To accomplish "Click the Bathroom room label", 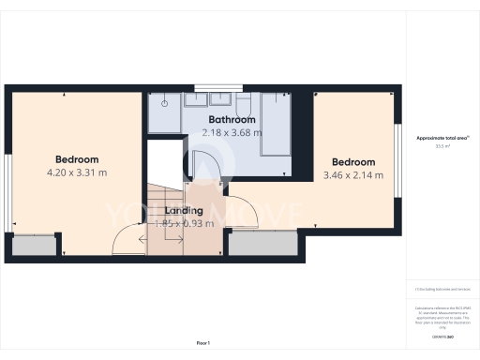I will click(232, 120).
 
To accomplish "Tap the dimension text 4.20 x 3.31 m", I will click(77, 172).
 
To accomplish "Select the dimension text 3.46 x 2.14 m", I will click(354, 175).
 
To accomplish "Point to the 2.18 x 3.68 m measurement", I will click(232, 133).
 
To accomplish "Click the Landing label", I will click(183, 211).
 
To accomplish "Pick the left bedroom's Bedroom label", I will click(77, 159).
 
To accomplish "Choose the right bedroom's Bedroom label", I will click(354, 162).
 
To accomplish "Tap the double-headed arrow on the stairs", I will click(162, 240).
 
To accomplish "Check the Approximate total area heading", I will click(441, 138).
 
